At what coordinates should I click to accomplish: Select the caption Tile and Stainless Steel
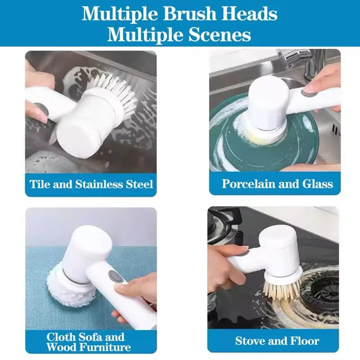click(x=91, y=184)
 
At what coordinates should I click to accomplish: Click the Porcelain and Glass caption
click(x=277, y=184)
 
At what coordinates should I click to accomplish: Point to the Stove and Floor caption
click(x=277, y=341)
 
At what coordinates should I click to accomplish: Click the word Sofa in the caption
click(x=88, y=337)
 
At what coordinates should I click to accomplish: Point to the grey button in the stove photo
click(x=245, y=254)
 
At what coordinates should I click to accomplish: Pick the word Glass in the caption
click(x=318, y=184)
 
